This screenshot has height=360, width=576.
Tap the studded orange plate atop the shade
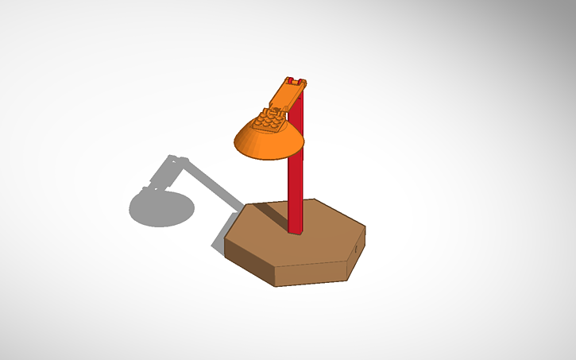coord(269,122)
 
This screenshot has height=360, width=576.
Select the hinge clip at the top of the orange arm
coord(295,82)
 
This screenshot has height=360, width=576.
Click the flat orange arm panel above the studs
coord(287,97)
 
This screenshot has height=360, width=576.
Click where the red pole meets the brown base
coord(295,231)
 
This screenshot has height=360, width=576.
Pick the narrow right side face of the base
coord(357,254)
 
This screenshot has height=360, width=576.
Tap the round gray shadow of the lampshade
coord(162,207)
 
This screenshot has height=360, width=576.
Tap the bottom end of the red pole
coord(295,233)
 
